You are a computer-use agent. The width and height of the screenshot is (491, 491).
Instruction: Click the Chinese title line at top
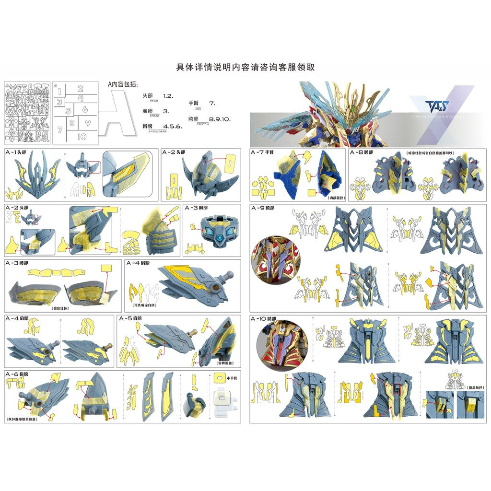(245, 68)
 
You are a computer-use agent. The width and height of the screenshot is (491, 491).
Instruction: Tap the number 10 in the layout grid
(82, 137)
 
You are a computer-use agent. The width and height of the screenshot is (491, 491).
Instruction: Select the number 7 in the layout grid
(59, 129)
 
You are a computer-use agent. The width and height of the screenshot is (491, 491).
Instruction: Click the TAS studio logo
(424, 105)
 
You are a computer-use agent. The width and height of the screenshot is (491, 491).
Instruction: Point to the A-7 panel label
(261, 152)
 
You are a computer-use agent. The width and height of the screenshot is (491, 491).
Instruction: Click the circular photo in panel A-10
(278, 343)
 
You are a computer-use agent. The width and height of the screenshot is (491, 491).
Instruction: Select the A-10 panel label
(263, 318)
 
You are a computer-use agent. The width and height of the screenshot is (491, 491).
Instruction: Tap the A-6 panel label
(17, 374)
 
